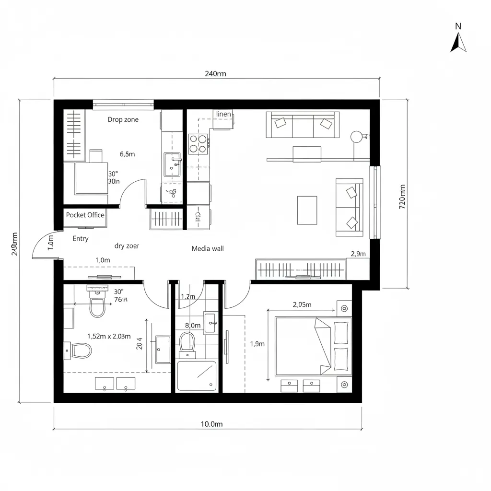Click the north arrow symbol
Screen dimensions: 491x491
coord(458,38)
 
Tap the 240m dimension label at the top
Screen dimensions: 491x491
coord(215,73)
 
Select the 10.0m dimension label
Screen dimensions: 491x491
coord(211,424)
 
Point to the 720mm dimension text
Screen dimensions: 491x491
coord(402,197)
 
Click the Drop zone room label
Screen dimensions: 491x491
coord(123,119)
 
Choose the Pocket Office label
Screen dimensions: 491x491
coord(85,215)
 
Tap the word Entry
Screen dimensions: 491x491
coord(81,238)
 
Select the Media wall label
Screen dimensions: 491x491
coord(208,248)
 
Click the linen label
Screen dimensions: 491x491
coord(223,114)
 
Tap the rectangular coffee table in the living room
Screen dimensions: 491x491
coord(307,210)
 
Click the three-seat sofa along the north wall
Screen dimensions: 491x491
coord(303,125)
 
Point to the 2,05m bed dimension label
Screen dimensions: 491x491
coord(302,304)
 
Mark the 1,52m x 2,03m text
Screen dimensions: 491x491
coord(109,336)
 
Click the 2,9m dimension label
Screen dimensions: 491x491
coord(358,254)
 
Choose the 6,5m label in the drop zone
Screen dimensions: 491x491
coord(127,154)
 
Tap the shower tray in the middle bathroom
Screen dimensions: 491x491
coord(197,375)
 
